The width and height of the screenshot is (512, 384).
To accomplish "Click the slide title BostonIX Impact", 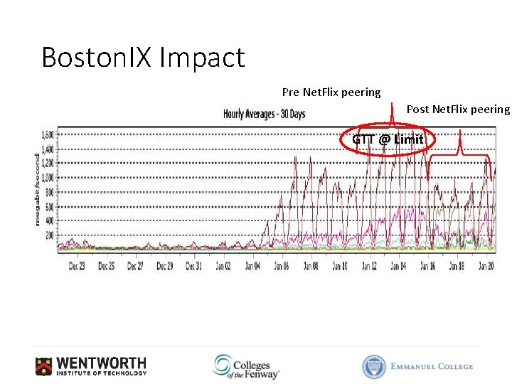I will [x=143, y=58].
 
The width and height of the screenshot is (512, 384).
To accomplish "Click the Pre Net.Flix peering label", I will [x=331, y=92].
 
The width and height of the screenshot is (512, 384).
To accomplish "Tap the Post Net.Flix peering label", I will [x=458, y=109].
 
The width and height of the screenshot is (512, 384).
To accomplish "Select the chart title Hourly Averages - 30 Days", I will [x=264, y=114].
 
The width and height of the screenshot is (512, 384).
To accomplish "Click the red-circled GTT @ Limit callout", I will [x=388, y=139].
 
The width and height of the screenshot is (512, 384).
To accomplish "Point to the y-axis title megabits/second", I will [x=37, y=189].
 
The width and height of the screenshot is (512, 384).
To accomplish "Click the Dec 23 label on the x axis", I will [x=78, y=266].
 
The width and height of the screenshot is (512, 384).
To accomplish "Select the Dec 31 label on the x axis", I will [x=194, y=266].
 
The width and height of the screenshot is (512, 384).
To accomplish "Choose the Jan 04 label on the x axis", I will [x=252, y=266].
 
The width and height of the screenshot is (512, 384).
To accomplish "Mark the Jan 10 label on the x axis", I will [x=340, y=266].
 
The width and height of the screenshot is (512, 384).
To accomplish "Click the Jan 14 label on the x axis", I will [x=398, y=266].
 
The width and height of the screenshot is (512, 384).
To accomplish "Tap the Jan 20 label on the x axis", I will [x=486, y=266].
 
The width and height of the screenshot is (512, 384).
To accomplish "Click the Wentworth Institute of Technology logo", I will [x=91, y=366].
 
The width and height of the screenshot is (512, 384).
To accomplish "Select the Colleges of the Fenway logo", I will [x=245, y=366].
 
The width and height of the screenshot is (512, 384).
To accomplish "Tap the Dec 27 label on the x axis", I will [x=136, y=266].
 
